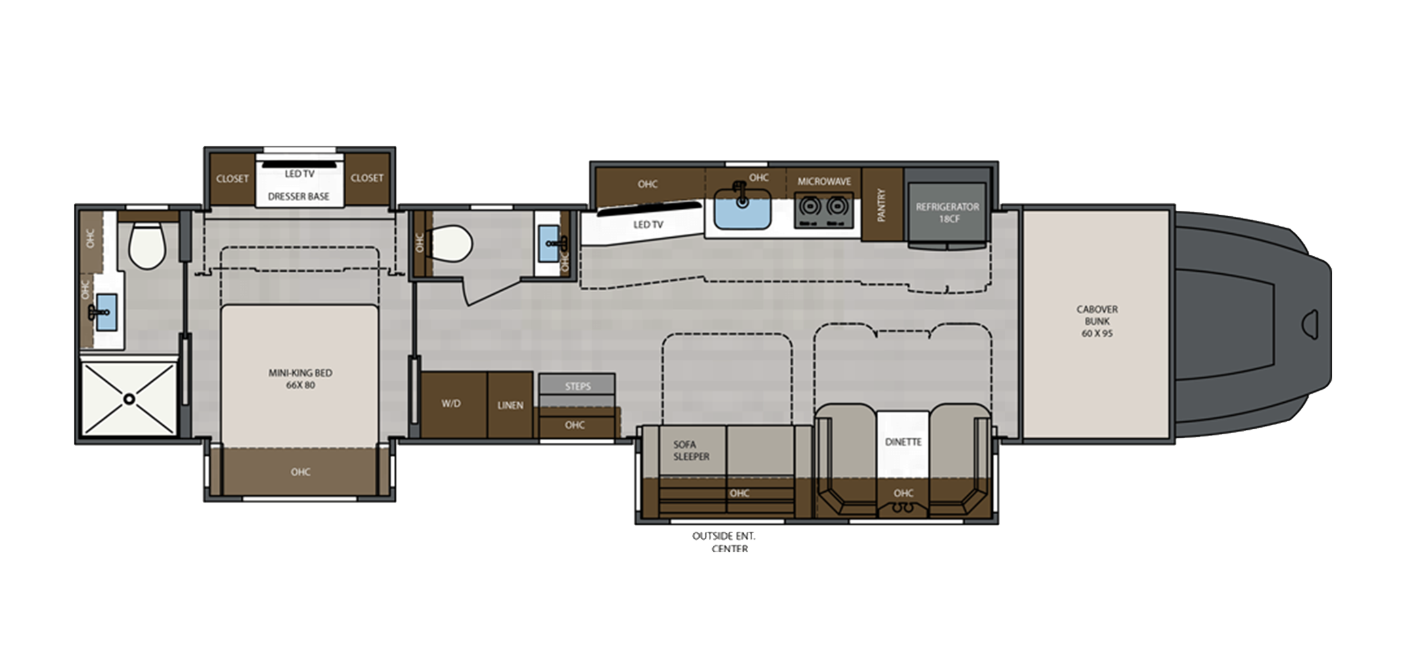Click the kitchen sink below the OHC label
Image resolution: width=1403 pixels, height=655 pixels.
pos(742,208)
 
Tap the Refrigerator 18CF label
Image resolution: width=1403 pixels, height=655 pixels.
pos(948,212)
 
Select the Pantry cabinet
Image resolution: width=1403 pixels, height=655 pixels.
pos(881,205)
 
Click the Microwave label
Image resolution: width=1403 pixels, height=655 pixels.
pos(824,181)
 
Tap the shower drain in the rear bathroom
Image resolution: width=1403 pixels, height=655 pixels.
pos(130,398)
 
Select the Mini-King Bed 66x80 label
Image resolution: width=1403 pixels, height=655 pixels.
pos(300,379)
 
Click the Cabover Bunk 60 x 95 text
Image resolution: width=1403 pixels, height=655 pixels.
pos(1097,321)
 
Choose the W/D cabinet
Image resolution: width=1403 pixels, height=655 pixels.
pos(451,404)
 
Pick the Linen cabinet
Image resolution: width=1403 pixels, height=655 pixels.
pos(510,405)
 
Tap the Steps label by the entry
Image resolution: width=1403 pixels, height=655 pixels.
pos(577,386)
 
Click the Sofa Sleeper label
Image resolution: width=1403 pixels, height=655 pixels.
pos(691,450)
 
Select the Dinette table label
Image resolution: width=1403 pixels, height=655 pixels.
pos(903,442)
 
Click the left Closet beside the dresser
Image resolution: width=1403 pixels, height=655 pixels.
pos(232,178)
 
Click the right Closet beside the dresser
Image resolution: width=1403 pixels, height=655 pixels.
pos(366,178)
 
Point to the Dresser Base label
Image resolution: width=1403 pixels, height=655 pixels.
pos(299,196)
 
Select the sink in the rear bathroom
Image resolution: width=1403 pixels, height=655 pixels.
pos(102,310)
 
